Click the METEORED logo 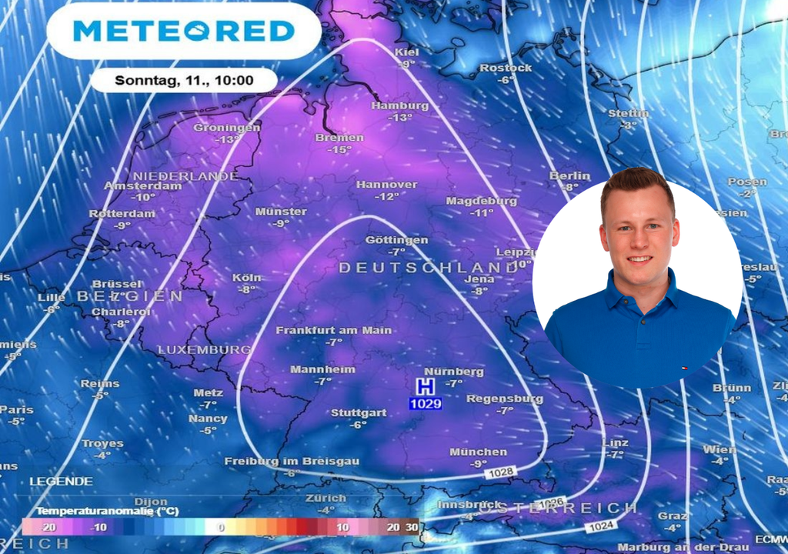point(184,31)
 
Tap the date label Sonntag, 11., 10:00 point(184,80)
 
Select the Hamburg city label point(400,105)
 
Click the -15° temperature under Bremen point(339,149)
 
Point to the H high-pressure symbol point(425,386)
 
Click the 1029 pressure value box point(425,402)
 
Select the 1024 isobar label point(599,527)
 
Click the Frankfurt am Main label point(334,330)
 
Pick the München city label point(479,452)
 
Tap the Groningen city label point(227,128)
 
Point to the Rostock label point(506,68)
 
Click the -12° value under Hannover point(386,197)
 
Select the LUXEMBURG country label point(205,350)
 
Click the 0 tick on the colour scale point(221,527)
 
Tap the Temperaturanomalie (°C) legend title point(98,511)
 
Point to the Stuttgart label point(359,413)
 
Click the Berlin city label point(569,176)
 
